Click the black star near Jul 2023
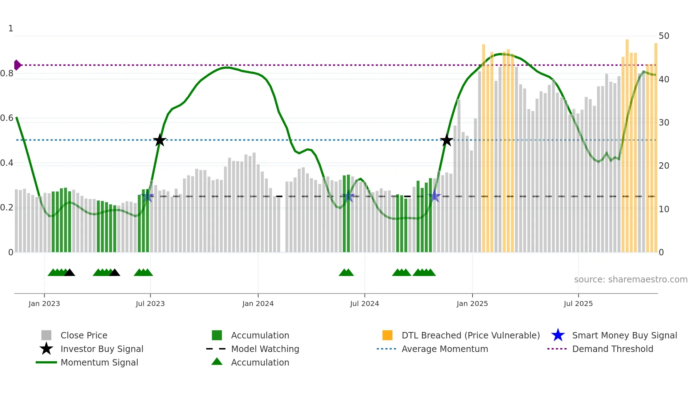click(160, 140)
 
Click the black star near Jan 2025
click(447, 140)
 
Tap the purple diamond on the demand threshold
click(17, 65)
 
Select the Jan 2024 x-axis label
click(258, 303)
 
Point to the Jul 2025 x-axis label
click(578, 303)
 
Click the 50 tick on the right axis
click(664, 36)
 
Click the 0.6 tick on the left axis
click(7, 118)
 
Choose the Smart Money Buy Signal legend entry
click(624, 335)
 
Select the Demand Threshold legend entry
click(612, 349)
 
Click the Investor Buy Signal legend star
click(46, 349)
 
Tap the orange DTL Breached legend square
click(387, 335)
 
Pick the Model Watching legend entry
click(265, 349)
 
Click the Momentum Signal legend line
click(46, 362)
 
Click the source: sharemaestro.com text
click(631, 280)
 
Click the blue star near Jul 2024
click(348, 196)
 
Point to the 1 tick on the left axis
click(11, 29)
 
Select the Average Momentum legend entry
click(444, 349)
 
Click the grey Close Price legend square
click(46, 335)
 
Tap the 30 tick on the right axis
click(664, 123)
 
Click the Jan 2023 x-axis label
click(44, 303)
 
